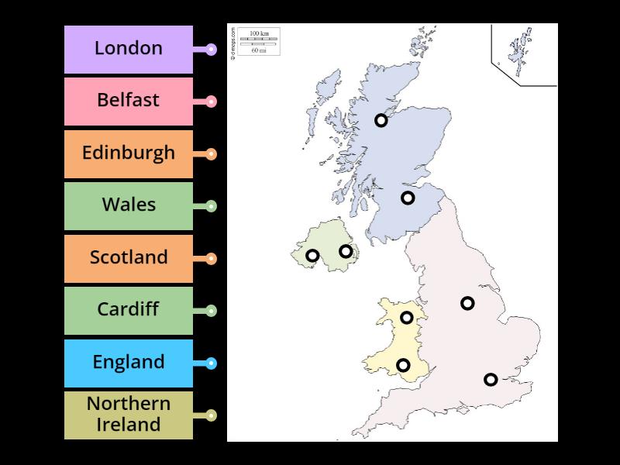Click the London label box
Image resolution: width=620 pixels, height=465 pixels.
click(129, 49)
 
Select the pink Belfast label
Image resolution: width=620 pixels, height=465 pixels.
click(129, 101)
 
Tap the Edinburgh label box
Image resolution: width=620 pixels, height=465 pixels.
click(129, 153)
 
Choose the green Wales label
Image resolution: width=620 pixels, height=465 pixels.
click(129, 205)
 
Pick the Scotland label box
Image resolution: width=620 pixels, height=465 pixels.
click(129, 258)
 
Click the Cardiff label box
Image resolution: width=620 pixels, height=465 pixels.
click(129, 310)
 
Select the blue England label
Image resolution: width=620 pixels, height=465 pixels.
click(129, 363)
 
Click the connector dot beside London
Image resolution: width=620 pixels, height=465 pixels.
click(211, 50)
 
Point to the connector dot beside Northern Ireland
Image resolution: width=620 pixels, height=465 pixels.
click(211, 415)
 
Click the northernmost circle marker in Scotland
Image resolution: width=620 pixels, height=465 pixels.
click(381, 120)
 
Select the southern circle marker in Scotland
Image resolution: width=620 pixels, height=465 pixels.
click(408, 198)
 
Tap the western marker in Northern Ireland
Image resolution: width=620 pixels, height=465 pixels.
click(312, 256)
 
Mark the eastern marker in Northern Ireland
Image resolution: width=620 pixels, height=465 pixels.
click(346, 251)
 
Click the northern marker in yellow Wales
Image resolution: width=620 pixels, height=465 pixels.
click(406, 317)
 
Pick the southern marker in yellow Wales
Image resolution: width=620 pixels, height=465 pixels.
click(403, 365)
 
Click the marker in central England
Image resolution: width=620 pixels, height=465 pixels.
click(467, 303)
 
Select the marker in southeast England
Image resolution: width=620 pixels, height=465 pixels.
click(491, 379)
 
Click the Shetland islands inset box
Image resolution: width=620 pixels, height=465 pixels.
click(524, 54)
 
